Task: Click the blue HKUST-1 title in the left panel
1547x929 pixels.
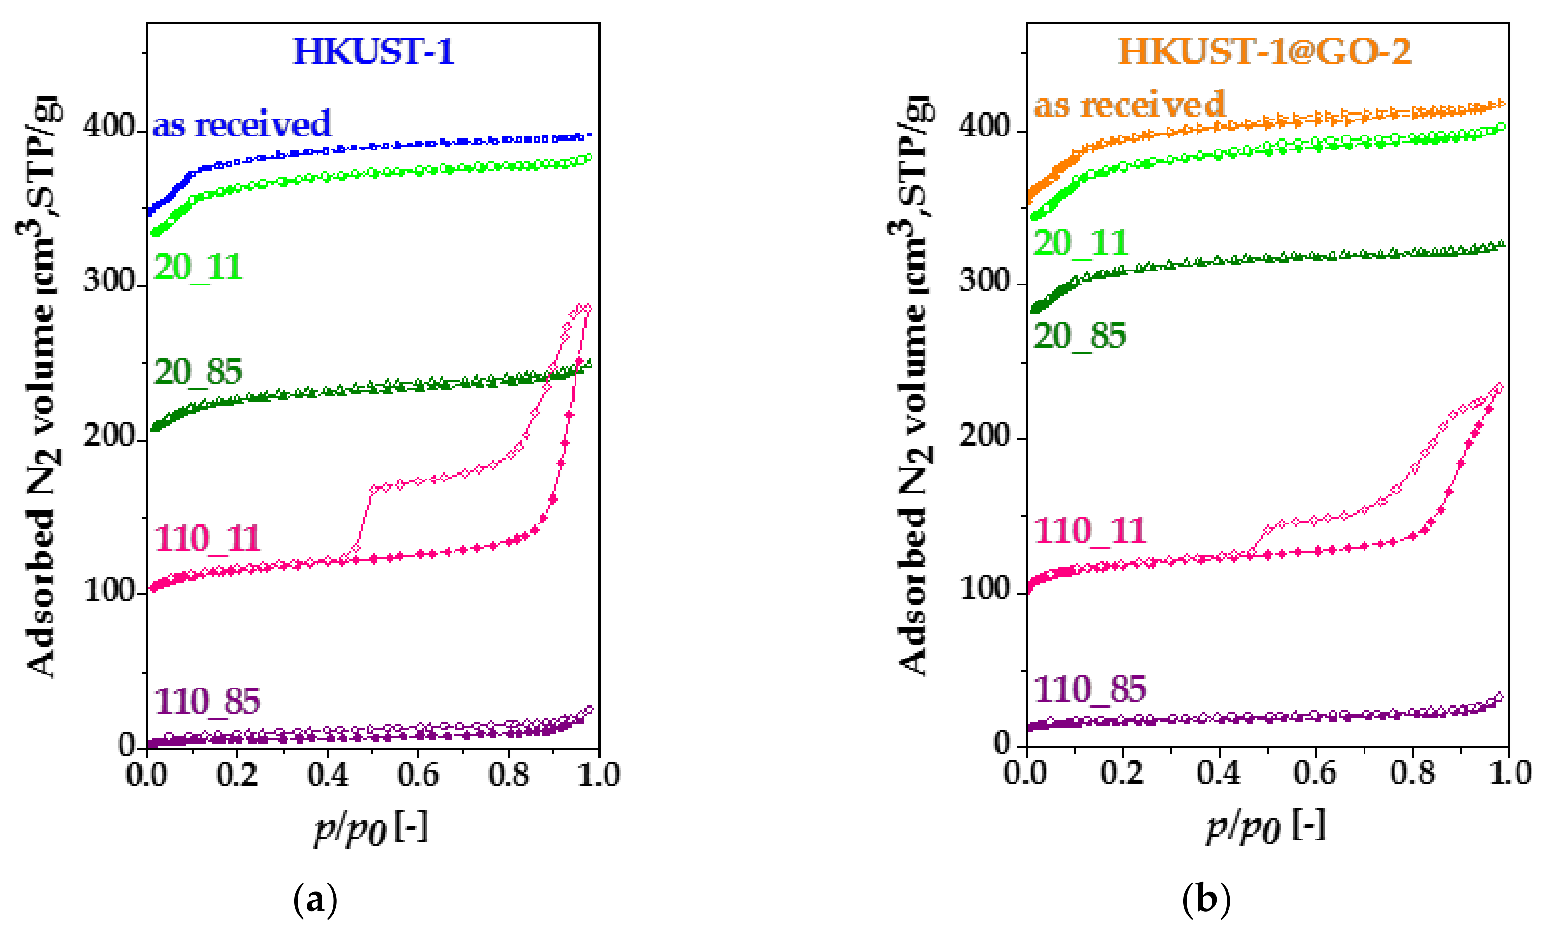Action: tap(373, 51)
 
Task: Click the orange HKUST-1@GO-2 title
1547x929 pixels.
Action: tap(1265, 51)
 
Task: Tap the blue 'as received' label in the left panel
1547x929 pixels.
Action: tap(242, 124)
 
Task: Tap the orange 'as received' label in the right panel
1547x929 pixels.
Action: tap(1129, 105)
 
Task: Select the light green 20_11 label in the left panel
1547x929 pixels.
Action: tap(198, 267)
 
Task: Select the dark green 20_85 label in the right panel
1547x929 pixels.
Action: tap(1079, 336)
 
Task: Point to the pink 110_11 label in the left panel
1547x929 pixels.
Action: tap(207, 539)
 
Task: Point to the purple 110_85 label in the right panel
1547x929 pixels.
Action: tap(1090, 689)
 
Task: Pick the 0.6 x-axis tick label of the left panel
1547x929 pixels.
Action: tap(418, 775)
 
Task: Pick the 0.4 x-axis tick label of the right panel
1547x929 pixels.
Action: tap(1218, 773)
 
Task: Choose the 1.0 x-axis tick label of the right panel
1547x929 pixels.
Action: tap(1509, 773)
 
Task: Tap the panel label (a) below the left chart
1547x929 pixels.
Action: tap(315, 899)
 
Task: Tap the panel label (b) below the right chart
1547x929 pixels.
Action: tap(1206, 899)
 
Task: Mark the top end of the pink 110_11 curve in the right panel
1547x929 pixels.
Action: tap(1498, 388)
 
